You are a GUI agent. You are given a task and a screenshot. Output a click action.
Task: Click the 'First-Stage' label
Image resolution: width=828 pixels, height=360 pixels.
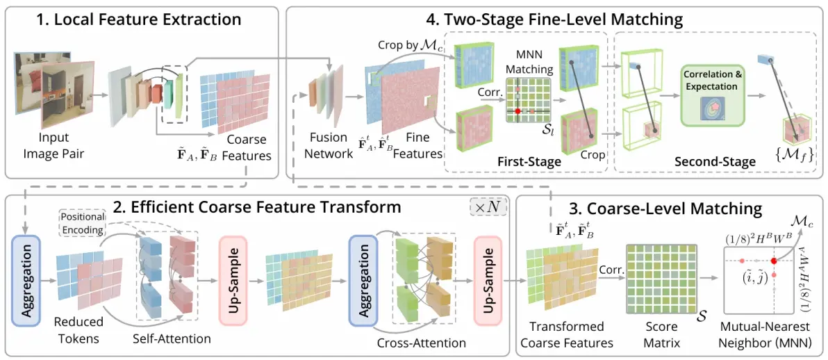(x=529, y=162)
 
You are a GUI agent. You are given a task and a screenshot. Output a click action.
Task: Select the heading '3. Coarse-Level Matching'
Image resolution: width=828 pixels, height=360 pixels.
(x=670, y=208)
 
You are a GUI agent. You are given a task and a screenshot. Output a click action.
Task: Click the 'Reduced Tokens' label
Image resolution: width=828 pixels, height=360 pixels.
(x=78, y=329)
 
